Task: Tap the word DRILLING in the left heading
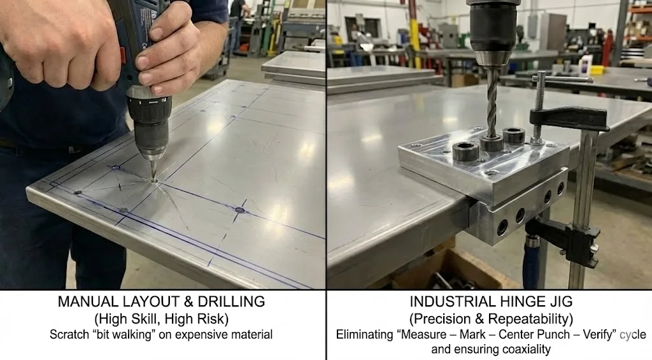(227, 303)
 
